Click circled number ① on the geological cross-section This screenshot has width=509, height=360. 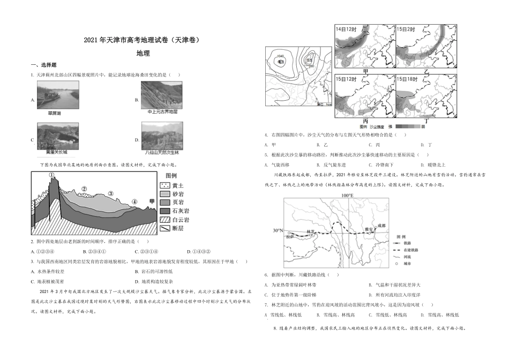(52, 175)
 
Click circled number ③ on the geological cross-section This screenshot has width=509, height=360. (110, 194)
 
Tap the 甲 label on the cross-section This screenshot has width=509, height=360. (152, 201)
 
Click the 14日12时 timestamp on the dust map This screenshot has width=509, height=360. (346, 29)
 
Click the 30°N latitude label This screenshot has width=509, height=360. (278, 231)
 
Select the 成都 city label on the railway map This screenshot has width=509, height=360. (381, 226)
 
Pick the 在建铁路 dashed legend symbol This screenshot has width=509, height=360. (397, 250)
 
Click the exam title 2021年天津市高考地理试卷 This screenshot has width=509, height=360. (144, 40)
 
